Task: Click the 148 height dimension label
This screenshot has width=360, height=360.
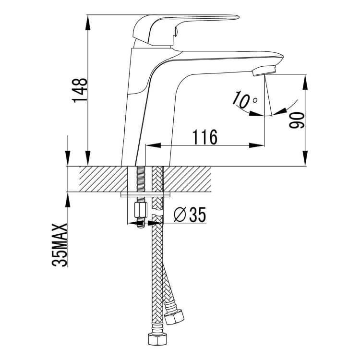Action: click(80, 90)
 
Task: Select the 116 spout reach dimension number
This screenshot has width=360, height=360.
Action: click(205, 137)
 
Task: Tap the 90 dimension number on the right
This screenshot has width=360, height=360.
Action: click(297, 120)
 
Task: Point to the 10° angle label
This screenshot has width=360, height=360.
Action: click(244, 100)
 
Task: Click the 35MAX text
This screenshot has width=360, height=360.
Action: click(60, 245)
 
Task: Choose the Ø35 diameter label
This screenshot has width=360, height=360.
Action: click(190, 215)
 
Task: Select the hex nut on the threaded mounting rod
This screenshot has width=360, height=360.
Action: click(141, 210)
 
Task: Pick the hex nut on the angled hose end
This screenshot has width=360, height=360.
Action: click(175, 317)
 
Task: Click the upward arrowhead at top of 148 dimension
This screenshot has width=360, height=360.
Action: click(88, 23)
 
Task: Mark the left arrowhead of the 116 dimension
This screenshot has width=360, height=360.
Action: click(153, 145)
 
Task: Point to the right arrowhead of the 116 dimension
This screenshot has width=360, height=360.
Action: click(257, 145)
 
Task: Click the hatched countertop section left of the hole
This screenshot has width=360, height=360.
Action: click(103, 179)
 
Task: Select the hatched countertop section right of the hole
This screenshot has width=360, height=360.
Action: click(187, 179)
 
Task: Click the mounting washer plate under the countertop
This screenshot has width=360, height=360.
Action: click(146, 195)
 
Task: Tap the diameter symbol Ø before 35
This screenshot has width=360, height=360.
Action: click(180, 215)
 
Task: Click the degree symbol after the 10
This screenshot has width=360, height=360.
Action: click(254, 100)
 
